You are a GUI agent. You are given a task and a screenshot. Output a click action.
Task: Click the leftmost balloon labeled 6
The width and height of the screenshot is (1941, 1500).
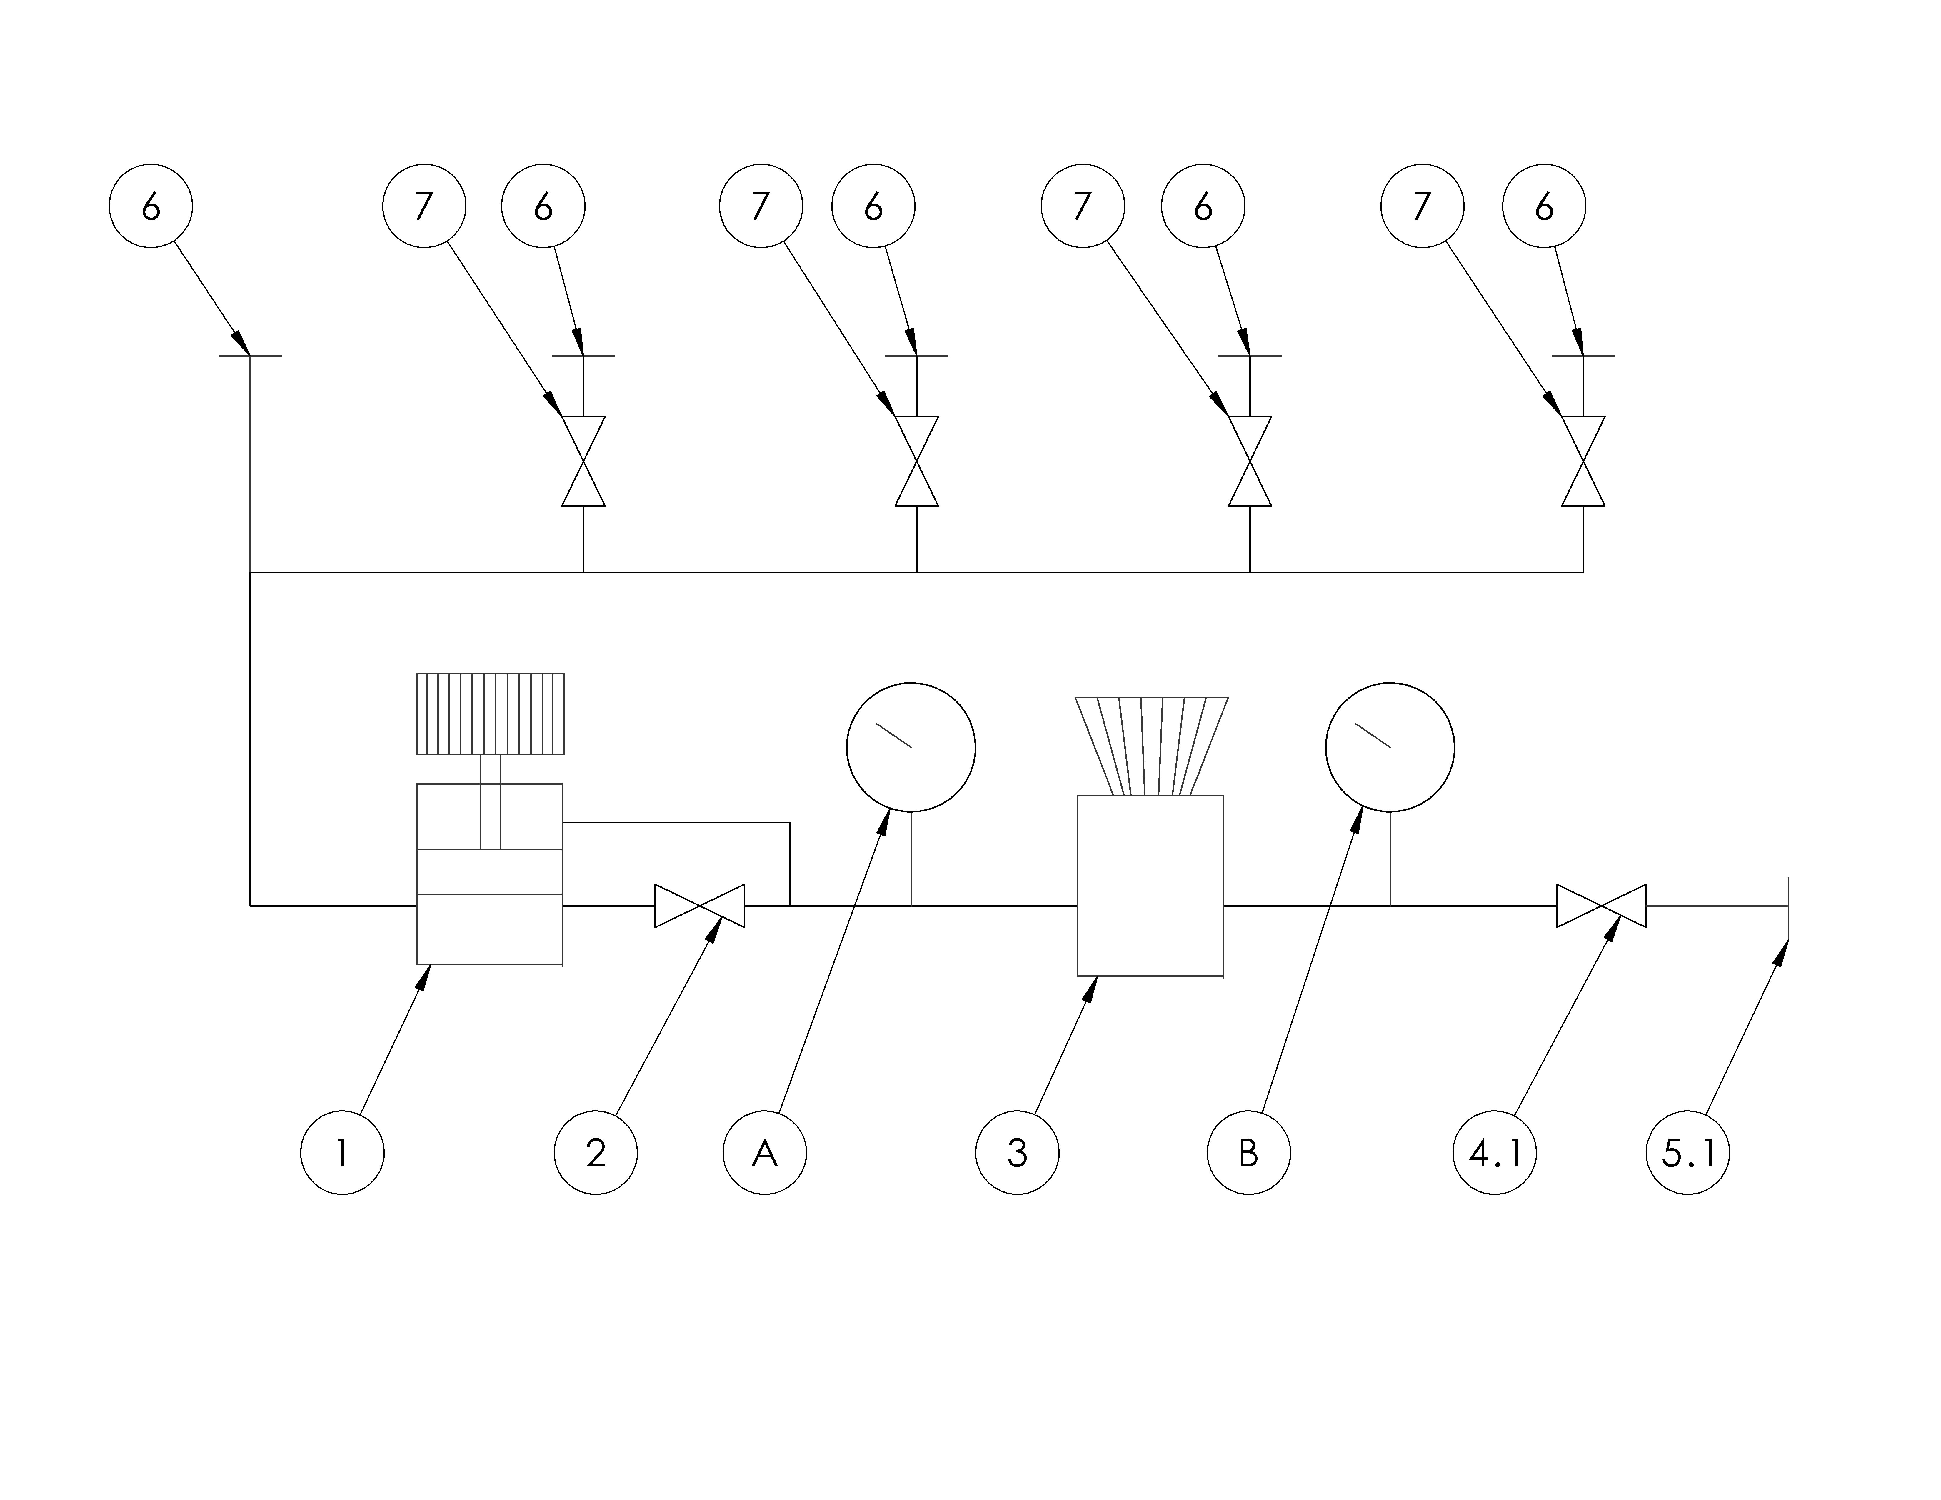pos(151,206)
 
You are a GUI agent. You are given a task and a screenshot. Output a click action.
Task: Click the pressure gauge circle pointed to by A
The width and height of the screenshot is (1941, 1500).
pos(911,747)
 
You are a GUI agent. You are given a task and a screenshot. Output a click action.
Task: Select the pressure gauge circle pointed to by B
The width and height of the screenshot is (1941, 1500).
pos(1390,747)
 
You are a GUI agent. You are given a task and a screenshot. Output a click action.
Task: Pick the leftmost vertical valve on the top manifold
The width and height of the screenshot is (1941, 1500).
pos(583,461)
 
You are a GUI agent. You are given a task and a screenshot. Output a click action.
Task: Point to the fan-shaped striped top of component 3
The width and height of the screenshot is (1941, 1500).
pos(1152,746)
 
